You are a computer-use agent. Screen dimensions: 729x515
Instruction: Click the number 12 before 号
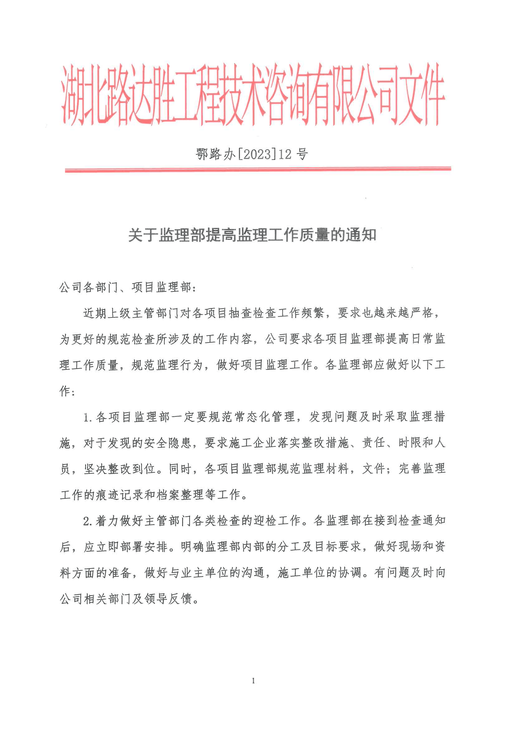tap(285, 154)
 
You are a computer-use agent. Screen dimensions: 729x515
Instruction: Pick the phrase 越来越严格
tap(403, 313)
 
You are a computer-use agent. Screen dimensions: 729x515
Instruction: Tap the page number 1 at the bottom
tap(253, 681)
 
